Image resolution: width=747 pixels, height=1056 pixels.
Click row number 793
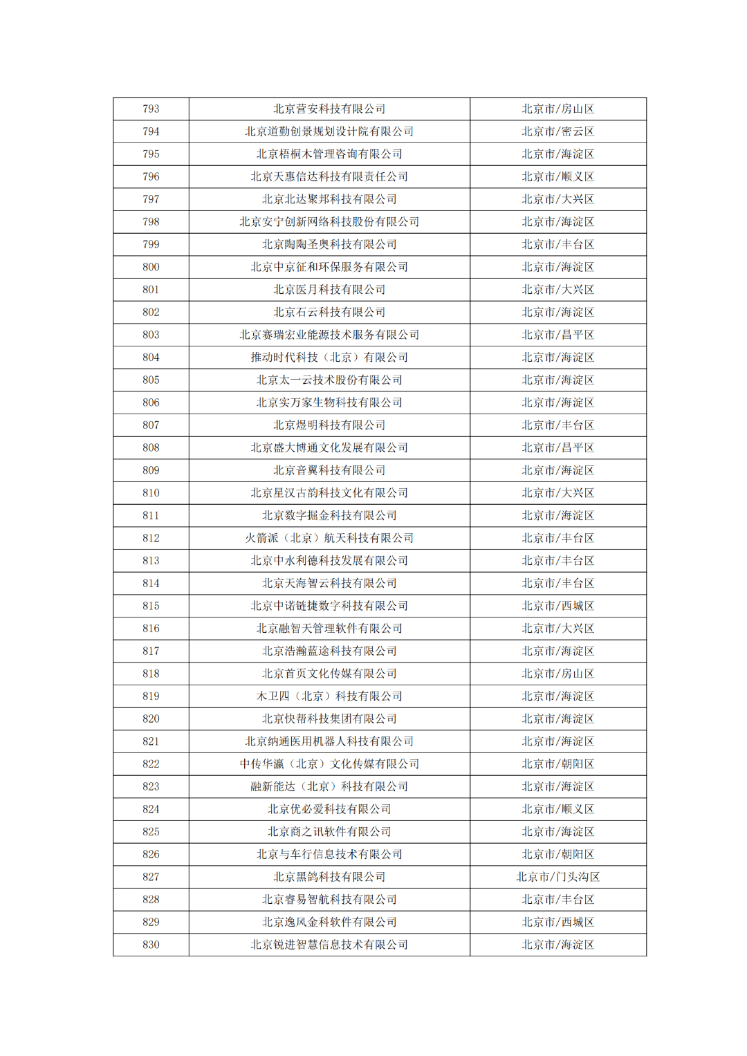click(x=151, y=109)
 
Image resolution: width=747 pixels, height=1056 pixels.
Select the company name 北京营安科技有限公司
click(x=329, y=109)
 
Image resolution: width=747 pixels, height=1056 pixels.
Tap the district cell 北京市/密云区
click(x=557, y=131)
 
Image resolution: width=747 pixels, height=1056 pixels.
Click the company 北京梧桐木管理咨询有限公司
click(x=329, y=154)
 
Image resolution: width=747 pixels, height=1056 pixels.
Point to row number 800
click(x=151, y=267)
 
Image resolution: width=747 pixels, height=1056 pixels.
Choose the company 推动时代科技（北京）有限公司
click(x=329, y=358)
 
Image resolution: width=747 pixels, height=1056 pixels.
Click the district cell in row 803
click(x=557, y=335)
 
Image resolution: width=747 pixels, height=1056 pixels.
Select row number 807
click(x=151, y=425)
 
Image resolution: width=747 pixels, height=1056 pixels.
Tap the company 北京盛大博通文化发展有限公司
click(x=329, y=448)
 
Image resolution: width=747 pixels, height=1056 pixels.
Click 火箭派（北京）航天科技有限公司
click(x=329, y=538)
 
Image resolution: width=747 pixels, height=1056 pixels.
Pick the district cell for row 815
click(x=557, y=606)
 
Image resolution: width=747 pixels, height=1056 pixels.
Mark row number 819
click(x=151, y=696)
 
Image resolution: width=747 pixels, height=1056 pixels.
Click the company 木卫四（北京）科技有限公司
click(x=329, y=696)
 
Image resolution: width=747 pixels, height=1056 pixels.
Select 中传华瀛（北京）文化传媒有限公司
click(x=329, y=764)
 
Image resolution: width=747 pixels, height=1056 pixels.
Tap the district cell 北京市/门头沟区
click(x=557, y=877)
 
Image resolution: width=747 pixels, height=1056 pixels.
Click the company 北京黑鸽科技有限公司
click(x=329, y=877)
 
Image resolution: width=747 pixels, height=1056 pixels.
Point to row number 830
click(x=151, y=945)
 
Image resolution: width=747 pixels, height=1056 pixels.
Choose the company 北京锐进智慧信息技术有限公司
click(x=329, y=945)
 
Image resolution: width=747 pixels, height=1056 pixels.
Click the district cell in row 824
click(x=557, y=809)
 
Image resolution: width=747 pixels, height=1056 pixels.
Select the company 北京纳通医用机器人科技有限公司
click(x=329, y=741)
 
